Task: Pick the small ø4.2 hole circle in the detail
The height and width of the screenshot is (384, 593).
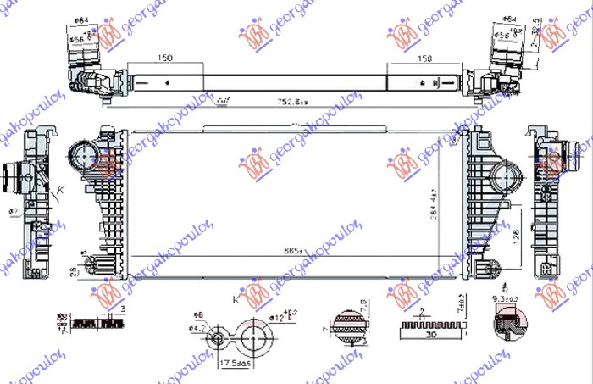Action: click(x=219, y=338)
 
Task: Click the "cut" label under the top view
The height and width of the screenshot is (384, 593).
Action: click(x=224, y=101)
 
